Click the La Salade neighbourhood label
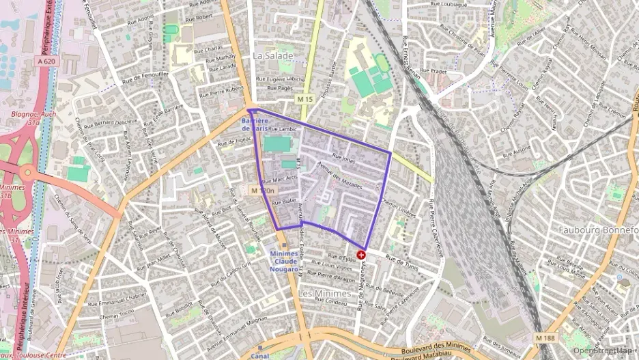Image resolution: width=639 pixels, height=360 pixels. click(272, 55)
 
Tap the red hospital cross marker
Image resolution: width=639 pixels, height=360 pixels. click(361, 255)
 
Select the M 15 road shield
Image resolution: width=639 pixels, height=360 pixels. click(304, 100)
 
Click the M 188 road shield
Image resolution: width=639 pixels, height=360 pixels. click(545, 337)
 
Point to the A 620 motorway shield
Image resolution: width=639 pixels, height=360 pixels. click(46, 61)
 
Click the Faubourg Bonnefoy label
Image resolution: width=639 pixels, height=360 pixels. click(597, 230)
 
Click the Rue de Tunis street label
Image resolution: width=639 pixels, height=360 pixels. click(401, 260)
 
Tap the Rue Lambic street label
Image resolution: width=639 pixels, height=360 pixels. click(281, 128)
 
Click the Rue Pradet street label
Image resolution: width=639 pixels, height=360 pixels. click(433, 70)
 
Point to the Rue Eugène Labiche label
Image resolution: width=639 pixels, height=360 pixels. click(285, 79)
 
